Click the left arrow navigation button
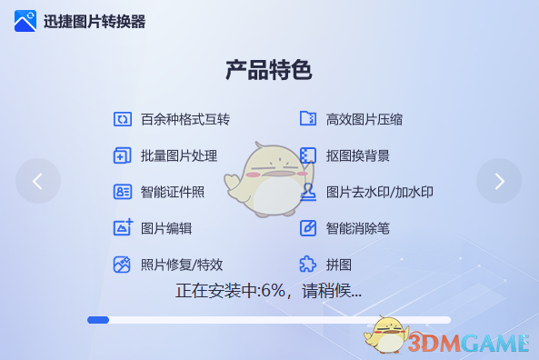click(x=37, y=181)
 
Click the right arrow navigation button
click(x=499, y=181)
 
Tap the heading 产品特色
click(x=269, y=71)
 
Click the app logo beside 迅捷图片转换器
click(x=25, y=21)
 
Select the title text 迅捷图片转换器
click(x=95, y=22)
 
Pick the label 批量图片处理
click(x=179, y=155)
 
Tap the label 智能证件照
click(x=173, y=192)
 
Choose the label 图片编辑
click(x=166, y=228)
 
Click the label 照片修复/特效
click(x=182, y=265)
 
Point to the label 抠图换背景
click(x=358, y=155)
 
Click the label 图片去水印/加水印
click(x=380, y=192)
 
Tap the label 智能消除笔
click(x=358, y=228)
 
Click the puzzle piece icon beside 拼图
click(x=308, y=265)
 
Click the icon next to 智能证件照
click(x=123, y=192)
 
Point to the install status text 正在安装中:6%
click(x=268, y=291)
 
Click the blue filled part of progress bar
click(x=98, y=320)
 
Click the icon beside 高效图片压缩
click(x=308, y=119)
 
